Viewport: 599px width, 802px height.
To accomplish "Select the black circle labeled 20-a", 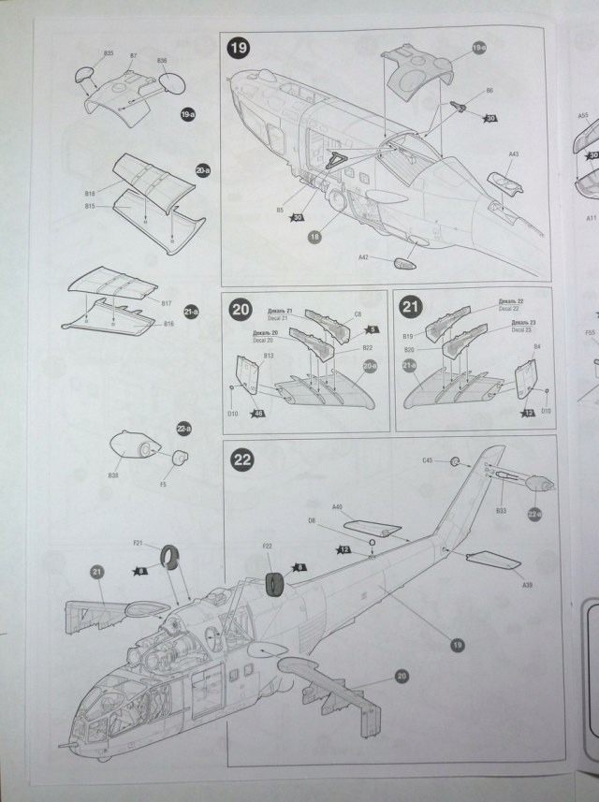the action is (x=203, y=172).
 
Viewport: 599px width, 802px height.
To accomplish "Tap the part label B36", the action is (x=162, y=61).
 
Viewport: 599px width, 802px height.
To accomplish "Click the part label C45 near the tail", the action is (x=428, y=460).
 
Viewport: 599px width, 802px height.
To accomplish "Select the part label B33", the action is (x=501, y=511).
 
